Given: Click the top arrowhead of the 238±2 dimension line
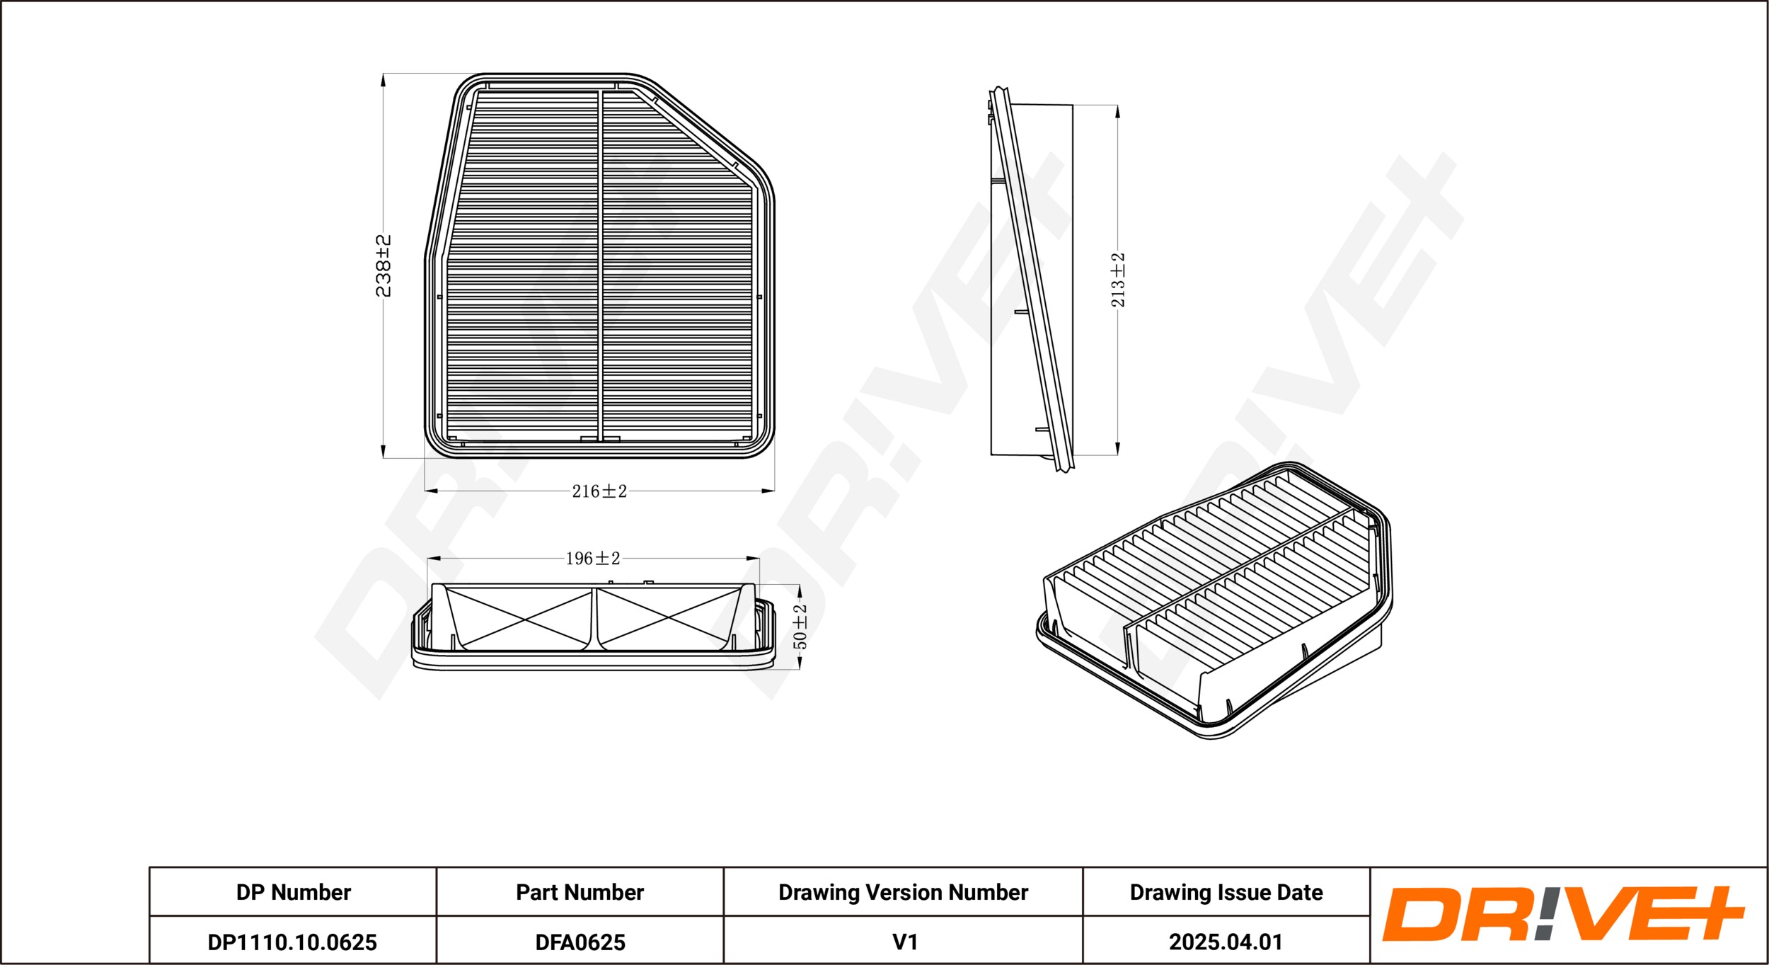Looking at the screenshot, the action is click(383, 79).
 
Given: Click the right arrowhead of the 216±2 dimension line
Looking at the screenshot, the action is click(767, 490).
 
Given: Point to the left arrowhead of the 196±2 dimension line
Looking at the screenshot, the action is click(434, 559).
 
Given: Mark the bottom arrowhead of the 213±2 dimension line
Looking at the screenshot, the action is click(1117, 448).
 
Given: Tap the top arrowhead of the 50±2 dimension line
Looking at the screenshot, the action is click(799, 590).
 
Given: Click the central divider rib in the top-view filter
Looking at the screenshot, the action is click(600, 265).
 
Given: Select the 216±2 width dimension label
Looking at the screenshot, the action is click(599, 491).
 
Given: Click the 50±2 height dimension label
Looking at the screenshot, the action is click(800, 626).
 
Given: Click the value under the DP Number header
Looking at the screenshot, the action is click(292, 942).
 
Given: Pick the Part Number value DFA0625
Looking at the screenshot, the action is click(580, 942).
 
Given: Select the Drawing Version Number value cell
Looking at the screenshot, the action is click(904, 940).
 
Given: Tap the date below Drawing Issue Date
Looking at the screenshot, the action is click(1226, 942).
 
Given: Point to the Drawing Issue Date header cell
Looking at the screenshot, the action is click(1226, 892).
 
